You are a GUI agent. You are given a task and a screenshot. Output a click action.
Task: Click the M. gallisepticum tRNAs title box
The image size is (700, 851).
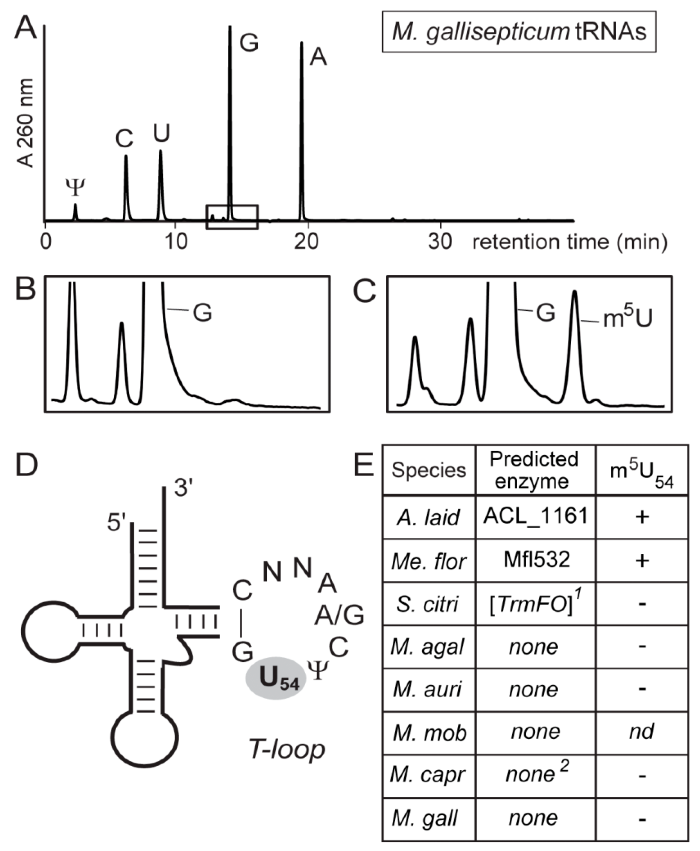[x=519, y=32]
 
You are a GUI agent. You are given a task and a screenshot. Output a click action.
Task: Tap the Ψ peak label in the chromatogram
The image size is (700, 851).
[x=75, y=188]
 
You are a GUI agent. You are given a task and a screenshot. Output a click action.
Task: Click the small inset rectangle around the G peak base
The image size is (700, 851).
[x=232, y=217]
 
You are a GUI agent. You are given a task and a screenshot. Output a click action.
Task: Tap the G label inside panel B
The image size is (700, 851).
[x=202, y=312]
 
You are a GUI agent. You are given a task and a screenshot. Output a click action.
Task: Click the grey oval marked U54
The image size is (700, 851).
[x=276, y=678]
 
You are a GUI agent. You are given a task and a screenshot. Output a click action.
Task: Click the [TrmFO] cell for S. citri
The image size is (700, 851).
[x=535, y=604]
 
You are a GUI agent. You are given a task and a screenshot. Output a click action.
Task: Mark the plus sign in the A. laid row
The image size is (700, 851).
[x=642, y=517]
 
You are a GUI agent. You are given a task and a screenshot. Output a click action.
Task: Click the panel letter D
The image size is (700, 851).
[x=27, y=465]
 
